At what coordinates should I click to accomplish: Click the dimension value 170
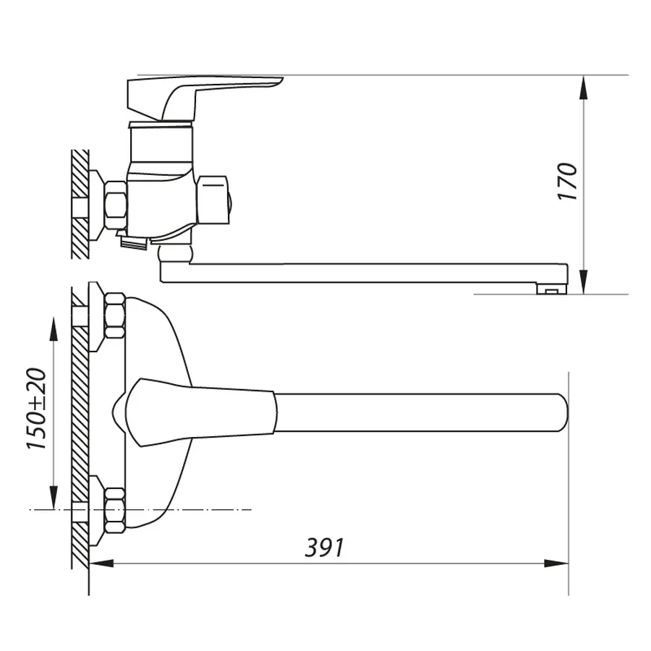[x=569, y=182]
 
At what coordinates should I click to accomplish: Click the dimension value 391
[x=323, y=548]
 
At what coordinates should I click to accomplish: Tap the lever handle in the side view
[x=203, y=94]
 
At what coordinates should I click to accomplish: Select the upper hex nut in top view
[x=114, y=317]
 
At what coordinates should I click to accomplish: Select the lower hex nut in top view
[x=114, y=510]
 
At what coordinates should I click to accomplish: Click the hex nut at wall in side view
[x=115, y=205]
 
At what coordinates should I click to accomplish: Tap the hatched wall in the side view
[x=80, y=203]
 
